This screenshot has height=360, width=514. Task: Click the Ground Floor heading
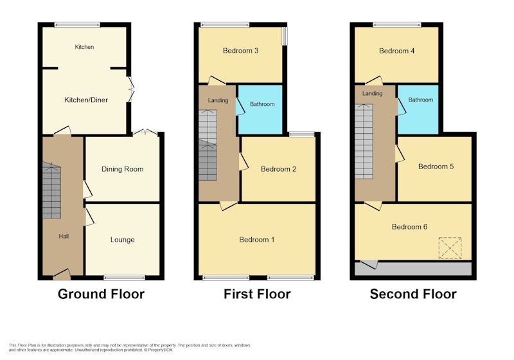(101, 294)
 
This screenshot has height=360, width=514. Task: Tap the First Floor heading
(257, 294)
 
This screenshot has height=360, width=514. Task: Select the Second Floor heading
(413, 294)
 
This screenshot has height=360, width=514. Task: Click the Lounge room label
(122, 240)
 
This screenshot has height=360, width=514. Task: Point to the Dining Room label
(122, 169)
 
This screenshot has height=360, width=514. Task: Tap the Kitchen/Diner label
(86, 100)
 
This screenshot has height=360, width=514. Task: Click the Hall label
(64, 236)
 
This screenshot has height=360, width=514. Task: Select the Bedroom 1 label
(256, 240)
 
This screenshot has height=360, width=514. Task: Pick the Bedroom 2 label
(278, 169)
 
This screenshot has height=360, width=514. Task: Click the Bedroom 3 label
(240, 51)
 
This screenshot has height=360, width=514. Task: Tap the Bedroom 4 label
(396, 51)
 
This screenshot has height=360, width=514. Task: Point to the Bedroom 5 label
(436, 166)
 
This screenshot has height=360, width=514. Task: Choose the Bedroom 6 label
(409, 227)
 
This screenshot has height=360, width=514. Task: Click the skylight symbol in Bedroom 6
(450, 248)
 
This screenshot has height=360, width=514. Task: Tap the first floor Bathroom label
(262, 104)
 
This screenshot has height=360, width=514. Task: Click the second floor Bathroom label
(421, 100)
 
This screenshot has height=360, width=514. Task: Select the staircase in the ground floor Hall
(51, 190)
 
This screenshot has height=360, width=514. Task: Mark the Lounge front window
(124, 278)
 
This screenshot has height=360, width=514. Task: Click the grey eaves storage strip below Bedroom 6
(413, 269)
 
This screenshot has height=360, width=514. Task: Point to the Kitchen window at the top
(77, 24)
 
